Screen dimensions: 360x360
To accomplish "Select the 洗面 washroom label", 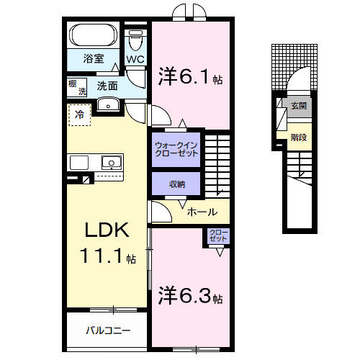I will [107, 85].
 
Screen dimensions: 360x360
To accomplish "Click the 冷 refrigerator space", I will [80, 114].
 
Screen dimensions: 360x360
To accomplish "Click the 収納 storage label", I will [177, 184].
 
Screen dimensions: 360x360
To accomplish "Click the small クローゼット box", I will [217, 237].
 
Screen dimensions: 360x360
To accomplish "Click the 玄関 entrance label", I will [298, 105].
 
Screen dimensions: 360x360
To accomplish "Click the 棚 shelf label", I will [73, 84].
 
